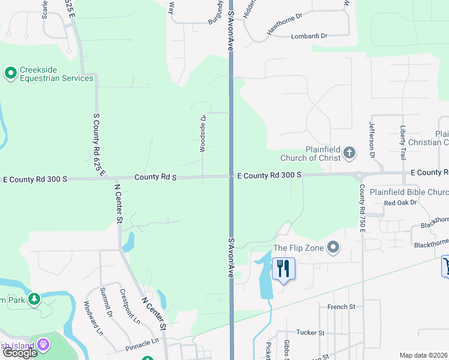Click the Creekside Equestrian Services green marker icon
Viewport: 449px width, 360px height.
point(10,73)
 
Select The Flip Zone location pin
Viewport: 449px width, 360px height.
point(333,247)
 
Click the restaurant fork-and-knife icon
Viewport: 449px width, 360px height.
point(283,268)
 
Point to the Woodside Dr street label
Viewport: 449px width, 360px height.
point(203,133)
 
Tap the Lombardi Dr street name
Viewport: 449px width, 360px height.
point(309,36)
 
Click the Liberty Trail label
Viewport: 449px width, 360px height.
point(403,139)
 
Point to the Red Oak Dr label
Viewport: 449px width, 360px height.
point(400,203)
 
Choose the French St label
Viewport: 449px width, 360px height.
point(342,307)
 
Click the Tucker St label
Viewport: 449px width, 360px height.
point(310,332)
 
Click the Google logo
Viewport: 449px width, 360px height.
point(20,352)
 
